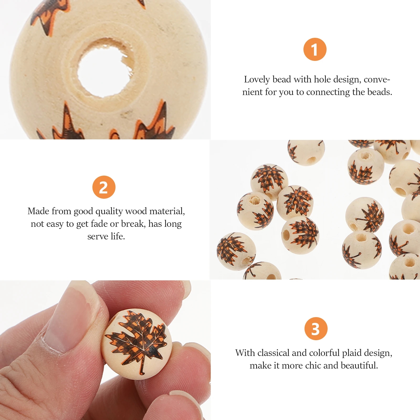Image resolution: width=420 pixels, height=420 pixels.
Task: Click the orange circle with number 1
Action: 315,49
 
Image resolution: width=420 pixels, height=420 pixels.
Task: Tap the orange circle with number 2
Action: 104,187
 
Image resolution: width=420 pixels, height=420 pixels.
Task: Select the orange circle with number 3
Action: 316,329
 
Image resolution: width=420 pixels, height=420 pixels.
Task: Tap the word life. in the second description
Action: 118,236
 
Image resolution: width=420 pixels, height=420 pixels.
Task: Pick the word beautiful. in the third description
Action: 359,365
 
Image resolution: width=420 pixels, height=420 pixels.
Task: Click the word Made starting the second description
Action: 38,211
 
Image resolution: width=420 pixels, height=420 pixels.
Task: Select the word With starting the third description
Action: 245,353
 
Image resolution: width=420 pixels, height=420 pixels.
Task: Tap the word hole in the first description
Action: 322,79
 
